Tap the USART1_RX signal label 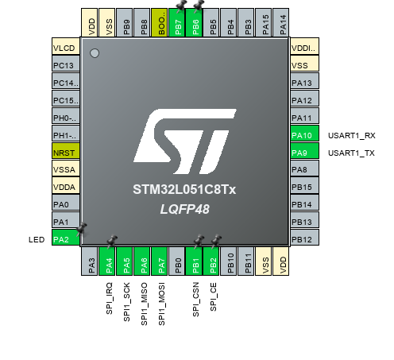pos(350,135)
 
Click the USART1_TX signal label pos(350,153)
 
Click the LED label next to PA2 pos(35,239)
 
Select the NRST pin pos(64,152)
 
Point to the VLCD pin pos(64,47)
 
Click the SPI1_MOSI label pos(162,303)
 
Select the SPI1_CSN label pos(196,300)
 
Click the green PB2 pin pos(214,262)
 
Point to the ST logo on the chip pos(183,138)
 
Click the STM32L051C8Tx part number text pos(183,190)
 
